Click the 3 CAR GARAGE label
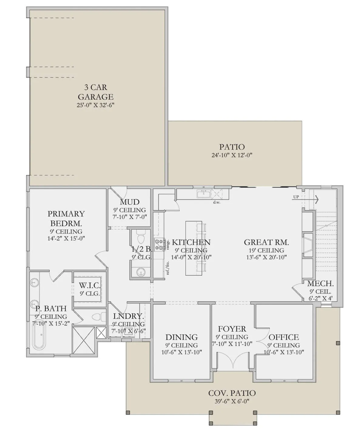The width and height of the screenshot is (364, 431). pyautogui.click(x=96, y=92)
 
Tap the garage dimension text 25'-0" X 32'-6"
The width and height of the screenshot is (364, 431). pyautogui.click(x=96, y=105)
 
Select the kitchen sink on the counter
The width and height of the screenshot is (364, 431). pyautogui.click(x=204, y=194)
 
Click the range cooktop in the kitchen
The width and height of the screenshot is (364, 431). pyautogui.click(x=160, y=244)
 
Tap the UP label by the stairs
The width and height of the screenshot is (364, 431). pyautogui.click(x=296, y=197)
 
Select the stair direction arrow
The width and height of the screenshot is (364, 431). pyautogui.click(x=305, y=200)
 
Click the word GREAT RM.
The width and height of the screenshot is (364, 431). pyautogui.click(x=266, y=242)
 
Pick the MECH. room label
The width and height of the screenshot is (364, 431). pyautogui.click(x=320, y=283)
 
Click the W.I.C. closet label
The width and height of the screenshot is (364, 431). pyautogui.click(x=90, y=286)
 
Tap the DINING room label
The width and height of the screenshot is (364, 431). pyautogui.click(x=182, y=337)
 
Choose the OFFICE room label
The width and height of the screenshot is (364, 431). pyautogui.click(x=284, y=337)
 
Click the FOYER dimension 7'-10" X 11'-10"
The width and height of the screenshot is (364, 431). pyautogui.click(x=232, y=344)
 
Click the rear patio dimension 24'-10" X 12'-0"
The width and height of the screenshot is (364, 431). pyautogui.click(x=232, y=155)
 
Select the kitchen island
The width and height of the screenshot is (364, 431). pyautogui.click(x=194, y=248)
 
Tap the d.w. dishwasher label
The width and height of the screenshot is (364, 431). pyautogui.click(x=217, y=202)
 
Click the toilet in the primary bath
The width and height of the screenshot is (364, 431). pyautogui.click(x=99, y=317)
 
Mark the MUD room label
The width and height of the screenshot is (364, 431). pyautogui.click(x=130, y=202)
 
